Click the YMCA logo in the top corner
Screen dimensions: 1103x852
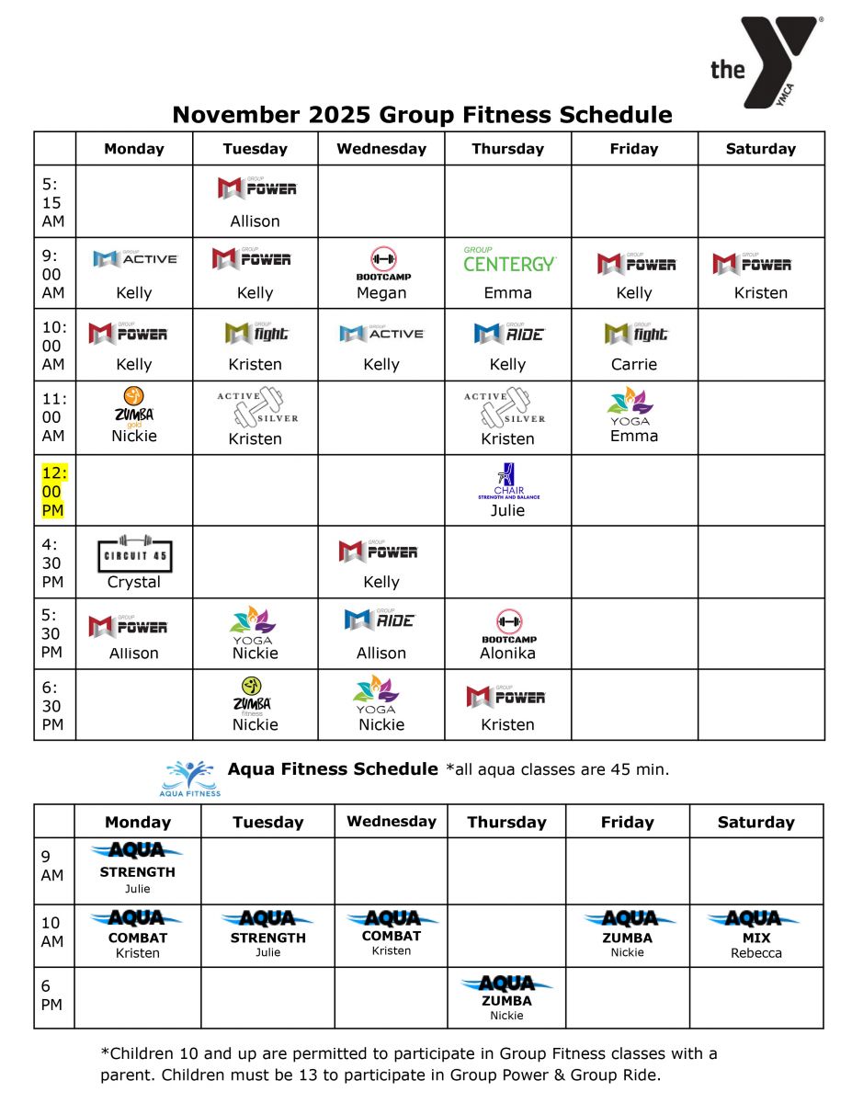(767, 61)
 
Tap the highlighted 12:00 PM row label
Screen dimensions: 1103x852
(53, 492)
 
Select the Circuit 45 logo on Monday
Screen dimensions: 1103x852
(134, 554)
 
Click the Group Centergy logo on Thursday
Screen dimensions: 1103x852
(508, 261)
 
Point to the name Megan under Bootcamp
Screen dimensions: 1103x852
(381, 293)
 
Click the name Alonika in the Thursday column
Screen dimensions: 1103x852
(507, 654)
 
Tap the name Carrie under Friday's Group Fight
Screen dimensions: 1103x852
(634, 364)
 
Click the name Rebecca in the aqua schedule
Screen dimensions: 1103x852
(755, 953)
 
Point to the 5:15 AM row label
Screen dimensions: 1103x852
(53, 202)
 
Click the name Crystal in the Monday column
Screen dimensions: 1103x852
(134, 582)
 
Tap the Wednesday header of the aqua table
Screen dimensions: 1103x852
(392, 822)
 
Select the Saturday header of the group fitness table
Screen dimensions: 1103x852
(761, 149)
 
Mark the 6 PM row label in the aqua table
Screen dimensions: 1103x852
(51, 996)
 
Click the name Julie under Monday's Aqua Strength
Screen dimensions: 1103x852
(138, 889)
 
